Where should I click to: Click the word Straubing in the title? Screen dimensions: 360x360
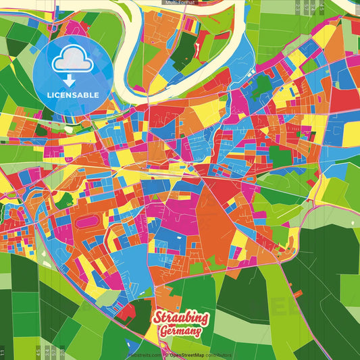click(182, 318)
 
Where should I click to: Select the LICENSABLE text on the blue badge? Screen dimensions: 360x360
click(72, 95)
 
